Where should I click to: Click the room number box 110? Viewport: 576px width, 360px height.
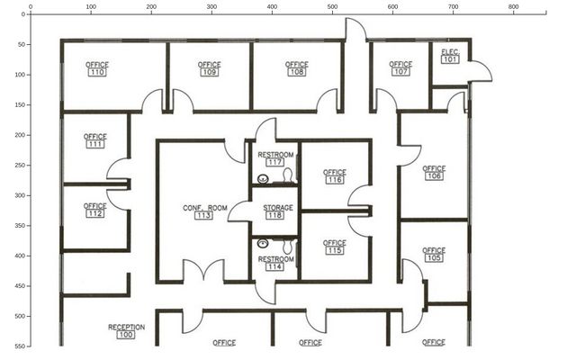tap(97, 72)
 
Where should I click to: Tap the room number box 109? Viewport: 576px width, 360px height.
tap(210, 72)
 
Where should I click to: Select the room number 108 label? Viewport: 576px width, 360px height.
tap(297, 72)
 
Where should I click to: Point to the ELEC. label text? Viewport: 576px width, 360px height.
tap(450, 52)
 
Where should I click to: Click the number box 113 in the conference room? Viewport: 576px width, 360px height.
tap(203, 215)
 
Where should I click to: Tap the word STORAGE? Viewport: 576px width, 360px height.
tap(278, 208)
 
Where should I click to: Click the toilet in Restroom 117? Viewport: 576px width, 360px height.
tap(288, 175)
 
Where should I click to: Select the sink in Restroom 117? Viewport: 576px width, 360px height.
tap(263, 179)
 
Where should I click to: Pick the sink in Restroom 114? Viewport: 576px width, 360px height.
tap(263, 243)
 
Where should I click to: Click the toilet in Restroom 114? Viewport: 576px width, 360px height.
tap(288, 246)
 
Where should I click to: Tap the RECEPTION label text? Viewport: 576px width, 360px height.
tap(126, 327)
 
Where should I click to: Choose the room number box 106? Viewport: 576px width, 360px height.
tap(434, 176)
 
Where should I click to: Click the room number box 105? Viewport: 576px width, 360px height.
tap(434, 258)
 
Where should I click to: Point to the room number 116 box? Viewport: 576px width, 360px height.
tap(334, 180)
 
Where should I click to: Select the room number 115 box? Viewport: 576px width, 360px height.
tap(334, 250)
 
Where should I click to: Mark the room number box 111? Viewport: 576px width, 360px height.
tap(95, 144)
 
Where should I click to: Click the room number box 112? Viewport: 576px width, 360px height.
tap(95, 213)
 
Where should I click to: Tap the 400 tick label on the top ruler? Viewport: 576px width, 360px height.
tap(272, 6)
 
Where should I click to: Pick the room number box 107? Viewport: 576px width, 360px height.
tap(400, 72)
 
